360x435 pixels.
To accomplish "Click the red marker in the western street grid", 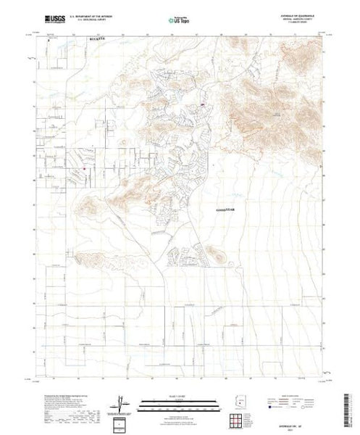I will [85, 170].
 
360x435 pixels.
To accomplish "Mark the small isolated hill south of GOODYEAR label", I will [215, 252].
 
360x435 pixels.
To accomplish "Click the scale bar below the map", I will [180, 403].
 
